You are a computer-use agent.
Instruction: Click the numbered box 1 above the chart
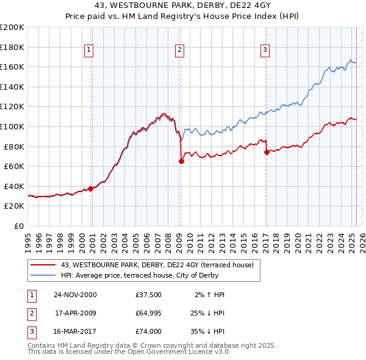coord(89,50)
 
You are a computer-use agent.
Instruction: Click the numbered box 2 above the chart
coord(180,50)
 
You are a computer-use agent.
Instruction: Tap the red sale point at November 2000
coord(91,189)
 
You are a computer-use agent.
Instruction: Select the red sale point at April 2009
coord(181,161)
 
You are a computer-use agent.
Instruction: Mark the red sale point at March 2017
coord(267,152)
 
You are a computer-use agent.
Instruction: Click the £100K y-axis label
coord(12,126)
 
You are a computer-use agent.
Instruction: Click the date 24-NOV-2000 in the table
coord(75,295)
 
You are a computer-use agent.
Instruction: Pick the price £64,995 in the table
coord(149,313)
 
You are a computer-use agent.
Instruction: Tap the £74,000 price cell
coord(149,332)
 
